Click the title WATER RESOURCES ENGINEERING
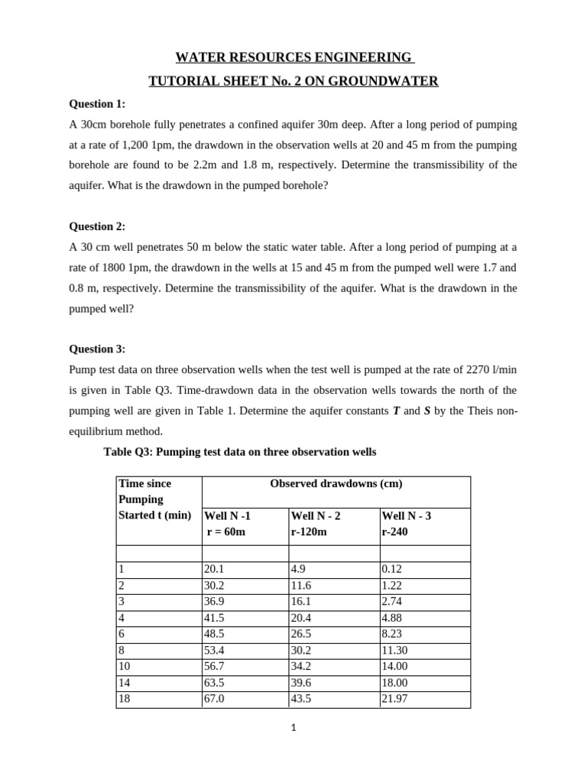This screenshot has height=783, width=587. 293,57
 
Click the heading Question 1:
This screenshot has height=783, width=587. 97,103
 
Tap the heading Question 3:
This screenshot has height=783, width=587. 97,349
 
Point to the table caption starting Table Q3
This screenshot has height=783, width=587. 239,452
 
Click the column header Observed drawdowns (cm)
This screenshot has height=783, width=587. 336,483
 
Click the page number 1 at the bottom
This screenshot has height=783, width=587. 293,728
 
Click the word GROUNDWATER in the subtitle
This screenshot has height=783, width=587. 389,80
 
